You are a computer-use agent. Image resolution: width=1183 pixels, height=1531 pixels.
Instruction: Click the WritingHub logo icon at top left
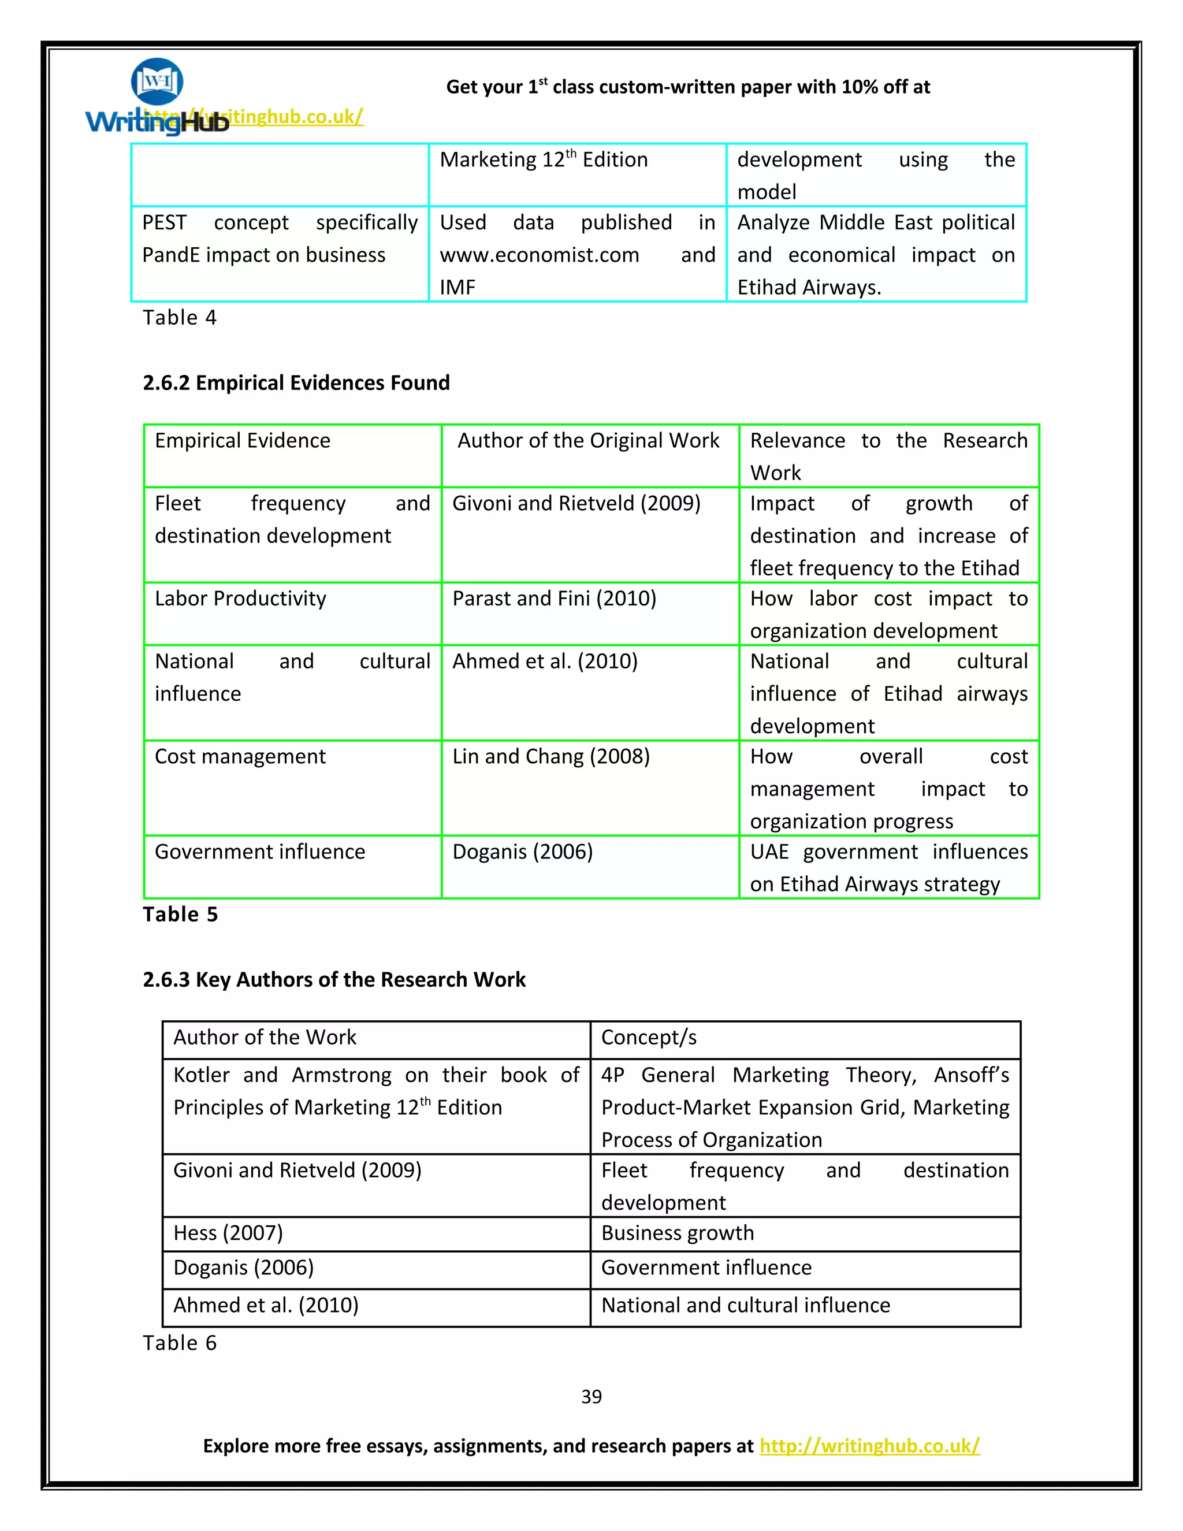pyautogui.click(x=157, y=82)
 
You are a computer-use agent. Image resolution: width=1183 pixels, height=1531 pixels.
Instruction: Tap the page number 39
pyautogui.click(x=591, y=1397)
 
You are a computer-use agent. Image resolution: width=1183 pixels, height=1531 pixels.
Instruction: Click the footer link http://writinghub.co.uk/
pyautogui.click(x=869, y=1446)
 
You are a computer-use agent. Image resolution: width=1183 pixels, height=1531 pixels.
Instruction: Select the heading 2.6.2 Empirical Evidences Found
pyautogui.click(x=296, y=382)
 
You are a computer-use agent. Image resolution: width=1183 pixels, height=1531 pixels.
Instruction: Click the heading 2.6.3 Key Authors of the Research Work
pyautogui.click(x=334, y=979)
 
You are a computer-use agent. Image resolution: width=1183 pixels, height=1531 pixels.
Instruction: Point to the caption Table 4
pyautogui.click(x=180, y=318)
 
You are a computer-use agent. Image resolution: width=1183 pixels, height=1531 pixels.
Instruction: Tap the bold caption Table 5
pyautogui.click(x=180, y=914)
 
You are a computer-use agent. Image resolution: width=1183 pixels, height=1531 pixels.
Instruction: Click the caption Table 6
pyautogui.click(x=180, y=1343)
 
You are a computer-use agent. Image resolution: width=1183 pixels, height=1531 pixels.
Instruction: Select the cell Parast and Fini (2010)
pyautogui.click(x=553, y=599)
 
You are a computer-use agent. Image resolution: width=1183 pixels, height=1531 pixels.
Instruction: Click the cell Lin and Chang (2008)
pyautogui.click(x=551, y=756)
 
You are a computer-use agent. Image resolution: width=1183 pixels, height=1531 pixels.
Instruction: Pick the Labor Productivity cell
pyautogui.click(x=240, y=599)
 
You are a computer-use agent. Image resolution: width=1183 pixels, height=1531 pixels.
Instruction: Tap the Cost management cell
pyautogui.click(x=240, y=756)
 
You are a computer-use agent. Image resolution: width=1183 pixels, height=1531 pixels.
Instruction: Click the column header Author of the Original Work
pyautogui.click(x=588, y=440)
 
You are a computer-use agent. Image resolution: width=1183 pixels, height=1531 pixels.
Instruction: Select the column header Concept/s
pyautogui.click(x=648, y=1037)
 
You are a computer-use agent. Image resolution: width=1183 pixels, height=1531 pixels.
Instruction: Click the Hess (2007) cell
pyautogui.click(x=228, y=1232)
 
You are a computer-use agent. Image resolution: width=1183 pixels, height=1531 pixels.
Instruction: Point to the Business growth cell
pyautogui.click(x=677, y=1232)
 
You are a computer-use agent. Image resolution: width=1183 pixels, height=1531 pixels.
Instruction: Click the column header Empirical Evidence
pyautogui.click(x=243, y=440)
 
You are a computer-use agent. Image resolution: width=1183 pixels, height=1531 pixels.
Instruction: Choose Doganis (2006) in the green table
pyautogui.click(x=522, y=852)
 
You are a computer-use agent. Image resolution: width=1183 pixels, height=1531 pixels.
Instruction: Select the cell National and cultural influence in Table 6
pyautogui.click(x=745, y=1305)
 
